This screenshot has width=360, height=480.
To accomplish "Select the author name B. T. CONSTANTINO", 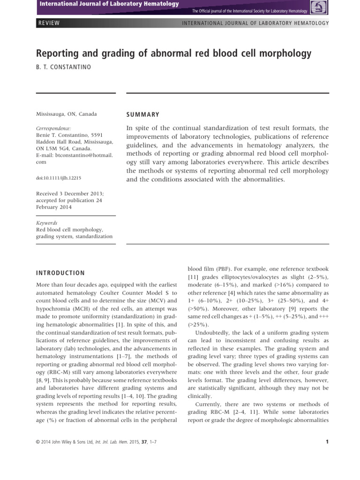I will pyautogui.click(x=64, y=67).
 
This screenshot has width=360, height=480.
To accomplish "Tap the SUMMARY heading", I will pyautogui.click(x=143, y=114).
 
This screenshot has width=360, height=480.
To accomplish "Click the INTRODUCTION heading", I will pyautogui.click(x=60, y=273).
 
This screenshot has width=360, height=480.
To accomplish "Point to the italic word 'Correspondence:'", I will pyautogui.click(x=53, y=128).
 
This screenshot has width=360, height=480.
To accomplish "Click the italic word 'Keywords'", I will pyautogui.click(x=46, y=223).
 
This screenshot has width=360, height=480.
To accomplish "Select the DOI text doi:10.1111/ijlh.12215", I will pyautogui.click(x=59, y=178).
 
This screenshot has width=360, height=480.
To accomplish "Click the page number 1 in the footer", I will pyautogui.click(x=327, y=441).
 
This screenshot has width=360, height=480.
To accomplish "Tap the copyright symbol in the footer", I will pyautogui.click(x=38, y=442).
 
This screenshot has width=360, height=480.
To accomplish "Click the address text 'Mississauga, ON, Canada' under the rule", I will pyautogui.click(x=67, y=114).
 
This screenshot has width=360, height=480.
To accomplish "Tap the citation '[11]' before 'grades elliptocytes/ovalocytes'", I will pyautogui.click(x=193, y=278).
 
